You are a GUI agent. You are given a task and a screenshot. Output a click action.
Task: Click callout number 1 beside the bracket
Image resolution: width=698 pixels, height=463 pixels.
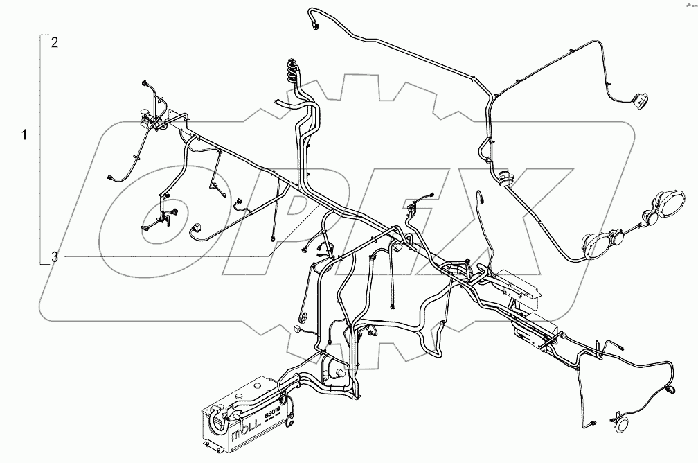(x=25, y=134)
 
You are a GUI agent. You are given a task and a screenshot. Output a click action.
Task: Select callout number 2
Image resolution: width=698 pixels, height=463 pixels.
(x=54, y=43)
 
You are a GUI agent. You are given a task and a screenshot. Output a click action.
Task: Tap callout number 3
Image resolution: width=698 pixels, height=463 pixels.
(x=54, y=257)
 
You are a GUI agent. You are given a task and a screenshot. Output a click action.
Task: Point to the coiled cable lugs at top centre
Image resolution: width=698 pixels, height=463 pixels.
(x=293, y=71)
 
